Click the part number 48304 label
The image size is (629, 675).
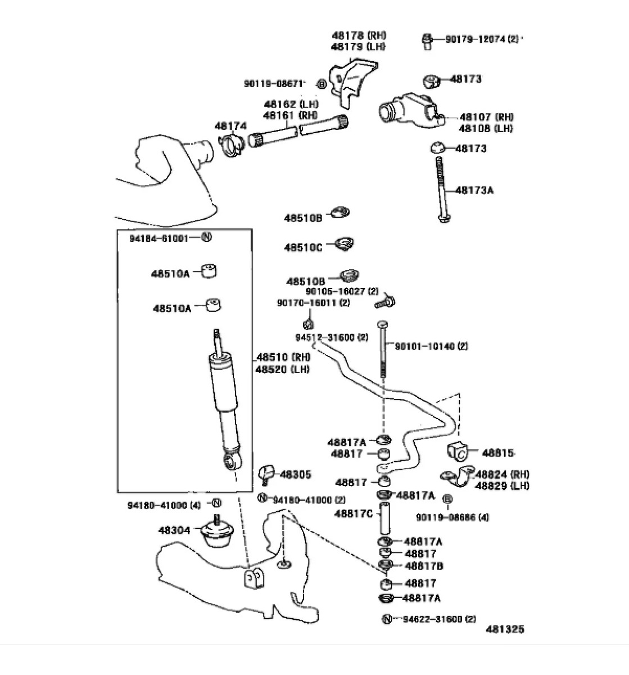click(174, 530)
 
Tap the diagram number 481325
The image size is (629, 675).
click(505, 629)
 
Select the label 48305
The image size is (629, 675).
click(295, 475)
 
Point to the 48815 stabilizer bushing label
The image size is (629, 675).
click(498, 453)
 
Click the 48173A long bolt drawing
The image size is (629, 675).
click(441, 190)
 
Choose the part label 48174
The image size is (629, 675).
click(230, 126)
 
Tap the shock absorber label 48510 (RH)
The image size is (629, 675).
click(283, 357)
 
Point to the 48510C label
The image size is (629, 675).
click(303, 247)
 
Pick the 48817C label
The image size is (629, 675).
click(354, 514)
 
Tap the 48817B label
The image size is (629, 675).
click(424, 566)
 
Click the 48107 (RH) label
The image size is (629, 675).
click(487, 117)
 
